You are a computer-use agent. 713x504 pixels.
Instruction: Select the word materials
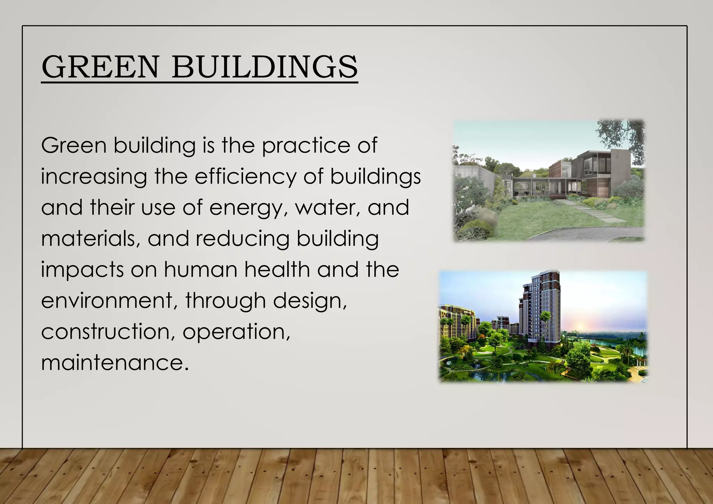tap(91, 239)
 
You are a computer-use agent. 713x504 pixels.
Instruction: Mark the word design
tap(310, 301)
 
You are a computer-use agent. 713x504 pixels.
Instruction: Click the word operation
tap(236, 332)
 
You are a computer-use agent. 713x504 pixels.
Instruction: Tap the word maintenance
tap(115, 363)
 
